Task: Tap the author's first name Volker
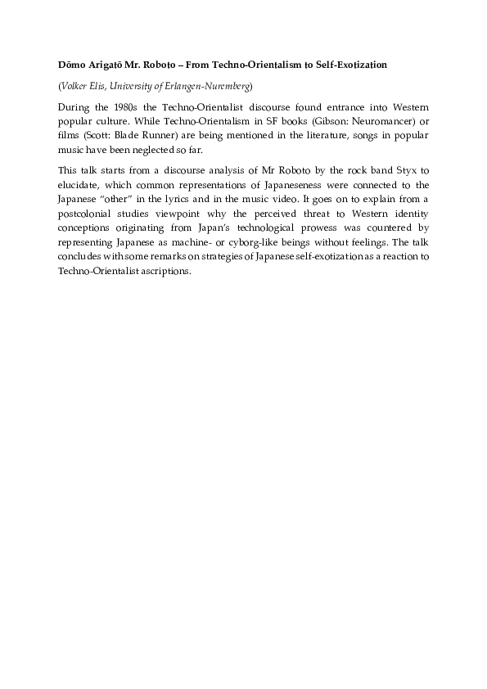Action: pyautogui.click(x=74, y=86)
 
